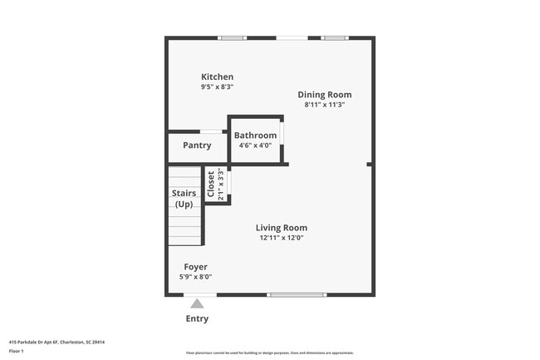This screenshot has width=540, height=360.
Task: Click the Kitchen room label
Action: click(217, 76)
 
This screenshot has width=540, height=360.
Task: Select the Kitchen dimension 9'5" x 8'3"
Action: click(217, 86)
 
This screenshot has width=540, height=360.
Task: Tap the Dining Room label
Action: click(325, 95)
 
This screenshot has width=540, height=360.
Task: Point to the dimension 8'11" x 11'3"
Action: click(325, 105)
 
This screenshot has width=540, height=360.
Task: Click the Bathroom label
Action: click(255, 136)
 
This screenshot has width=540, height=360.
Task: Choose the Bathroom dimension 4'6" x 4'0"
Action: click(255, 145)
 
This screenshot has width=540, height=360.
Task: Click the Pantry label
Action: click(197, 145)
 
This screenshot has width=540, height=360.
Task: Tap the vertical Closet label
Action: click(211, 185)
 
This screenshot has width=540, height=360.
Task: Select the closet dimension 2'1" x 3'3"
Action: click(221, 185)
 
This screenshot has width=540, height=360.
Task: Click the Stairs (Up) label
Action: click(184, 199)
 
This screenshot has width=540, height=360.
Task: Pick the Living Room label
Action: click(281, 228)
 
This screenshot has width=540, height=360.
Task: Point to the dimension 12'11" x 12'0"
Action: click(281, 238)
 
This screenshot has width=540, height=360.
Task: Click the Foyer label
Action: click(195, 267)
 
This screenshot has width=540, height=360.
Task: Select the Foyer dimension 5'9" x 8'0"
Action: click(195, 277)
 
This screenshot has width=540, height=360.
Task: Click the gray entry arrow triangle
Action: click(197, 303)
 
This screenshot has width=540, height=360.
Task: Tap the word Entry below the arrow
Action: click(197, 318)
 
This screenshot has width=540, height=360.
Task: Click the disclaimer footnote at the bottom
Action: click(269, 353)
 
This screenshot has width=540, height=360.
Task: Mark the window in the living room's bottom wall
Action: click(297, 294)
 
